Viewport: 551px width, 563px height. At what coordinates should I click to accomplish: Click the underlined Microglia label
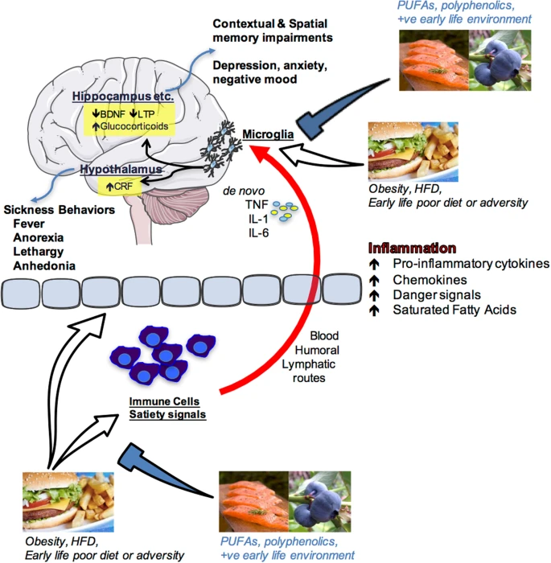click(269, 132)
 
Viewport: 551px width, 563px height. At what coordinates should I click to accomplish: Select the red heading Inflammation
click(413, 249)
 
